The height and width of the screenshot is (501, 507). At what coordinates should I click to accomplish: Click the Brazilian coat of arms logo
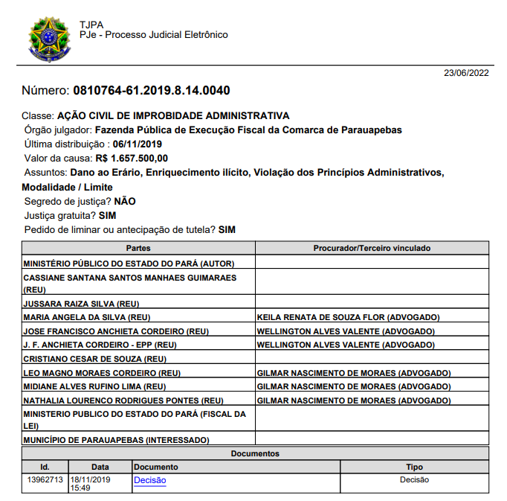[51, 39]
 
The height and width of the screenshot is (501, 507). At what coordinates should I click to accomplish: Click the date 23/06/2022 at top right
[466, 73]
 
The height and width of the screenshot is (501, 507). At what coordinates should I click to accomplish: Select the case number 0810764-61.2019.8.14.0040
[151, 91]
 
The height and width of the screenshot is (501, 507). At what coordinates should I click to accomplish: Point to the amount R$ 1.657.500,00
[132, 159]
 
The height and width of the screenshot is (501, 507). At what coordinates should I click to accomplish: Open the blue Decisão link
[149, 480]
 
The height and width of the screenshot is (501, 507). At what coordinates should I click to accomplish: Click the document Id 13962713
[45, 480]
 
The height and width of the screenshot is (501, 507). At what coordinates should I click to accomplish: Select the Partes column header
[138, 248]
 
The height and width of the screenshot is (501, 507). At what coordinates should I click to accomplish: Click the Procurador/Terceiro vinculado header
[372, 248]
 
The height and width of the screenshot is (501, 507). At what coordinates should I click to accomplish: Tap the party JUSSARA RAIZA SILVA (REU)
[82, 304]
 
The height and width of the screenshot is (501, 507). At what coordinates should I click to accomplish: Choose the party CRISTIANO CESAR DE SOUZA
[94, 359]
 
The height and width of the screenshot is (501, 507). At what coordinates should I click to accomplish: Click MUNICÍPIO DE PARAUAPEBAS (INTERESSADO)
[116, 440]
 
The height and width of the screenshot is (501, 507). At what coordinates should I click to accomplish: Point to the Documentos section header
[255, 453]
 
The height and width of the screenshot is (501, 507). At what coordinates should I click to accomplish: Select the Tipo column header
[414, 467]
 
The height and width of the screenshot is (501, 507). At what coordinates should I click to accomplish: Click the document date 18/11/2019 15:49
[90, 484]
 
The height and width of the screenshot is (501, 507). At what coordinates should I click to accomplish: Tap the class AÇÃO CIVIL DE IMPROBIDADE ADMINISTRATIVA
[173, 115]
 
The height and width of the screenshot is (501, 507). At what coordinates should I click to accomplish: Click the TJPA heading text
[91, 25]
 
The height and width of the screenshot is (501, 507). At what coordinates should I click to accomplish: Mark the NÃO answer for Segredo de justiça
[125, 201]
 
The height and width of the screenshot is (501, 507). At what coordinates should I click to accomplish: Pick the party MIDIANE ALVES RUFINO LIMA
[94, 386]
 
